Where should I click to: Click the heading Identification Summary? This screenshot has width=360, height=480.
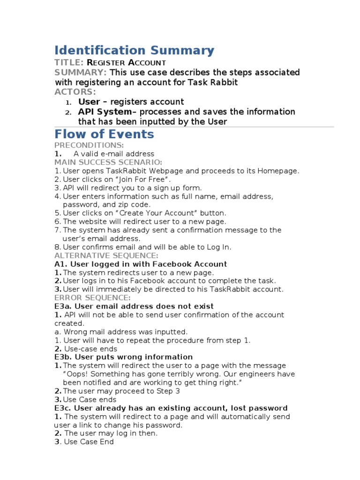[134, 50]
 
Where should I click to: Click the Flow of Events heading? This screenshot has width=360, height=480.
[104, 134]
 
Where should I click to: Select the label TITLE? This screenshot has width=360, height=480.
[69, 62]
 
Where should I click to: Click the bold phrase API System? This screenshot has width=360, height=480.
[105, 112]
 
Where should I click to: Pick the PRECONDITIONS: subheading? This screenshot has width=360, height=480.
[89, 145]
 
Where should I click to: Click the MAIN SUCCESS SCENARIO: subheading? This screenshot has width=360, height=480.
[108, 162]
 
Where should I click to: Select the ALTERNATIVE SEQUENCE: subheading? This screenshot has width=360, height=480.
[106, 255]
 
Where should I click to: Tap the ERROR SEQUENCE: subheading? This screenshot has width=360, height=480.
[92, 298]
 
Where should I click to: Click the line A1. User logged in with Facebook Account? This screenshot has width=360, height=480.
[141, 264]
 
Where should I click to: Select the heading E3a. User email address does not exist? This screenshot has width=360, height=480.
[134, 306]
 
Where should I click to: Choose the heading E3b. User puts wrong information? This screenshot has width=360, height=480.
[123, 357]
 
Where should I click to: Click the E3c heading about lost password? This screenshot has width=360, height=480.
[171, 408]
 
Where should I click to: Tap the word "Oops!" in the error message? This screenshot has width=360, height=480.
[75, 374]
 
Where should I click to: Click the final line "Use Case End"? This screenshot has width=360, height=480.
[89, 442]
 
